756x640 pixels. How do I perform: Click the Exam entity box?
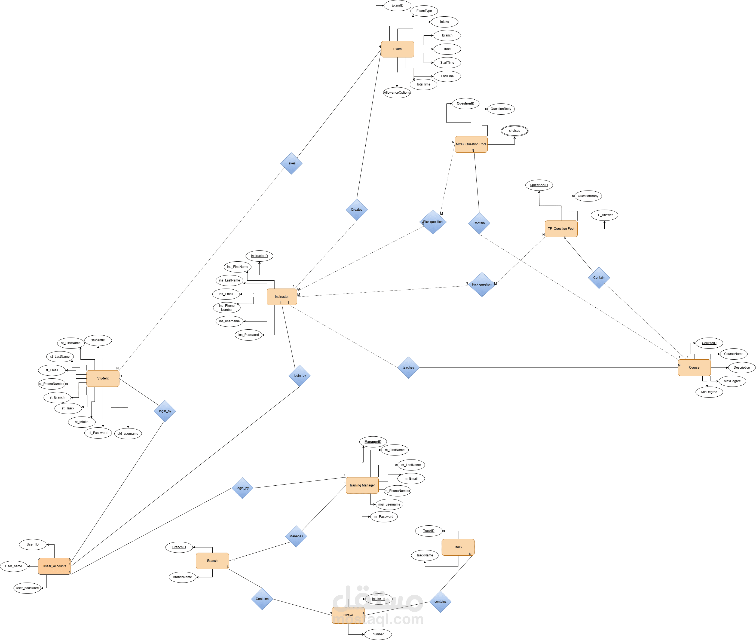click(397, 49)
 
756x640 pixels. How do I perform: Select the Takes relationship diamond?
click(291, 163)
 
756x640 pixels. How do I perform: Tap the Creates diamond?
click(357, 209)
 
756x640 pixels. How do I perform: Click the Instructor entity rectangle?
click(282, 296)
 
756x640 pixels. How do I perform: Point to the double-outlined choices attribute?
click(515, 131)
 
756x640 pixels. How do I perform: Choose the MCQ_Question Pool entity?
click(471, 144)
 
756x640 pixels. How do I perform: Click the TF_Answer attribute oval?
click(604, 215)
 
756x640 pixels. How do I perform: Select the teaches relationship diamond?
click(408, 368)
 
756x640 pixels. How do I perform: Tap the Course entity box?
click(694, 368)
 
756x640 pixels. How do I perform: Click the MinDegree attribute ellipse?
click(709, 392)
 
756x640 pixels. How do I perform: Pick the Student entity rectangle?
click(103, 378)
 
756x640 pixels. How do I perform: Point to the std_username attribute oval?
click(128, 434)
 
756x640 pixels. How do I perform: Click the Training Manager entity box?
click(362, 485)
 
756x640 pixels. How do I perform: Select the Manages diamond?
click(296, 536)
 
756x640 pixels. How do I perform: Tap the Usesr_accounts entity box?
click(54, 566)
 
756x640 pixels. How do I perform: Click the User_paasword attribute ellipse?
click(27, 588)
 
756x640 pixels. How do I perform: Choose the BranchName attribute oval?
click(182, 577)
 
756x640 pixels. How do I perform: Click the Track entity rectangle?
click(458, 547)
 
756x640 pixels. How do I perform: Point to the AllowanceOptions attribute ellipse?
click(397, 93)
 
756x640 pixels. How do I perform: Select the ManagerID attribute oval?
click(373, 442)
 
